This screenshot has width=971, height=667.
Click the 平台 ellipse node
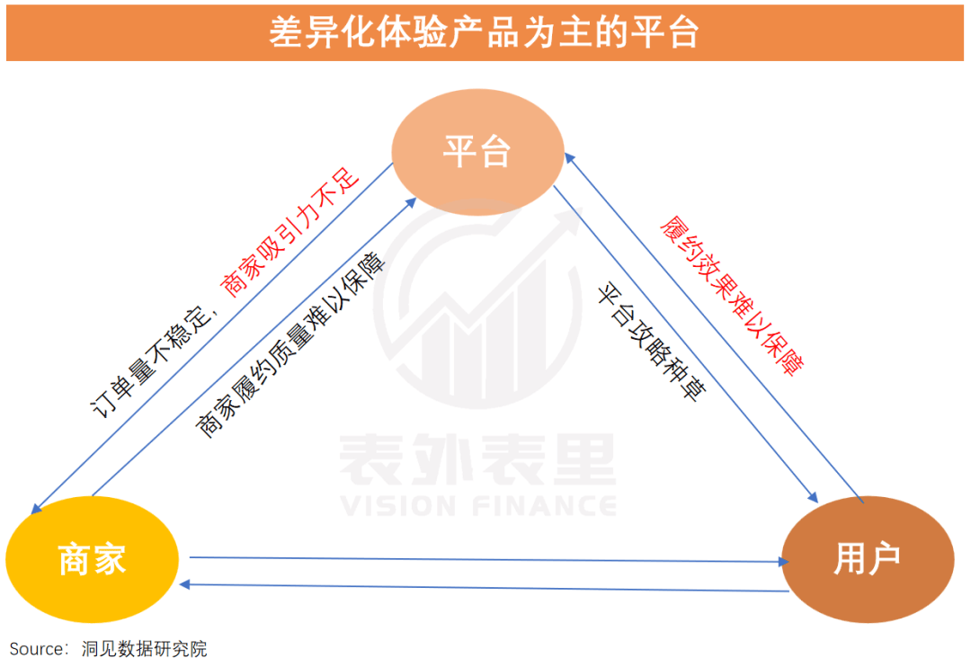[x=477, y=152]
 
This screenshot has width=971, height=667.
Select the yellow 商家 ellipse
[x=93, y=559]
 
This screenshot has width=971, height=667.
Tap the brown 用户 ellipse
[x=868, y=559]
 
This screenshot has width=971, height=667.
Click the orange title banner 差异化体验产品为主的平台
[x=485, y=33]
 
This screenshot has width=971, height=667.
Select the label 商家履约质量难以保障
[x=290, y=344]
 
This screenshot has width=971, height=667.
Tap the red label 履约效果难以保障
[x=731, y=296]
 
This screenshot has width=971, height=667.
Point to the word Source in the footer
[x=36, y=649]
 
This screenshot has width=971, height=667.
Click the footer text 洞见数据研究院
[x=144, y=649]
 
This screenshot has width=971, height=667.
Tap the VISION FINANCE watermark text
[x=478, y=506]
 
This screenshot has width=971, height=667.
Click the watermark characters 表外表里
[x=478, y=459]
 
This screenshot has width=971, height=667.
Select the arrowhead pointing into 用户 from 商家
[x=784, y=562]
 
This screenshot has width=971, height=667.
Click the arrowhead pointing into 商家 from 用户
[x=184, y=584]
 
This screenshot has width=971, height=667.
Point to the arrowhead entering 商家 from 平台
[x=36, y=509]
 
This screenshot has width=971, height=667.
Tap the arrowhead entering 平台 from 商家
[x=411, y=202]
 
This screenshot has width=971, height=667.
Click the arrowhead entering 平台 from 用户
[x=570, y=158]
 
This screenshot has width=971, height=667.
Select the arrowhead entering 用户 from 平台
[x=813, y=497]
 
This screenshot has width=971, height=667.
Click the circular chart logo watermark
[x=477, y=304]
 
